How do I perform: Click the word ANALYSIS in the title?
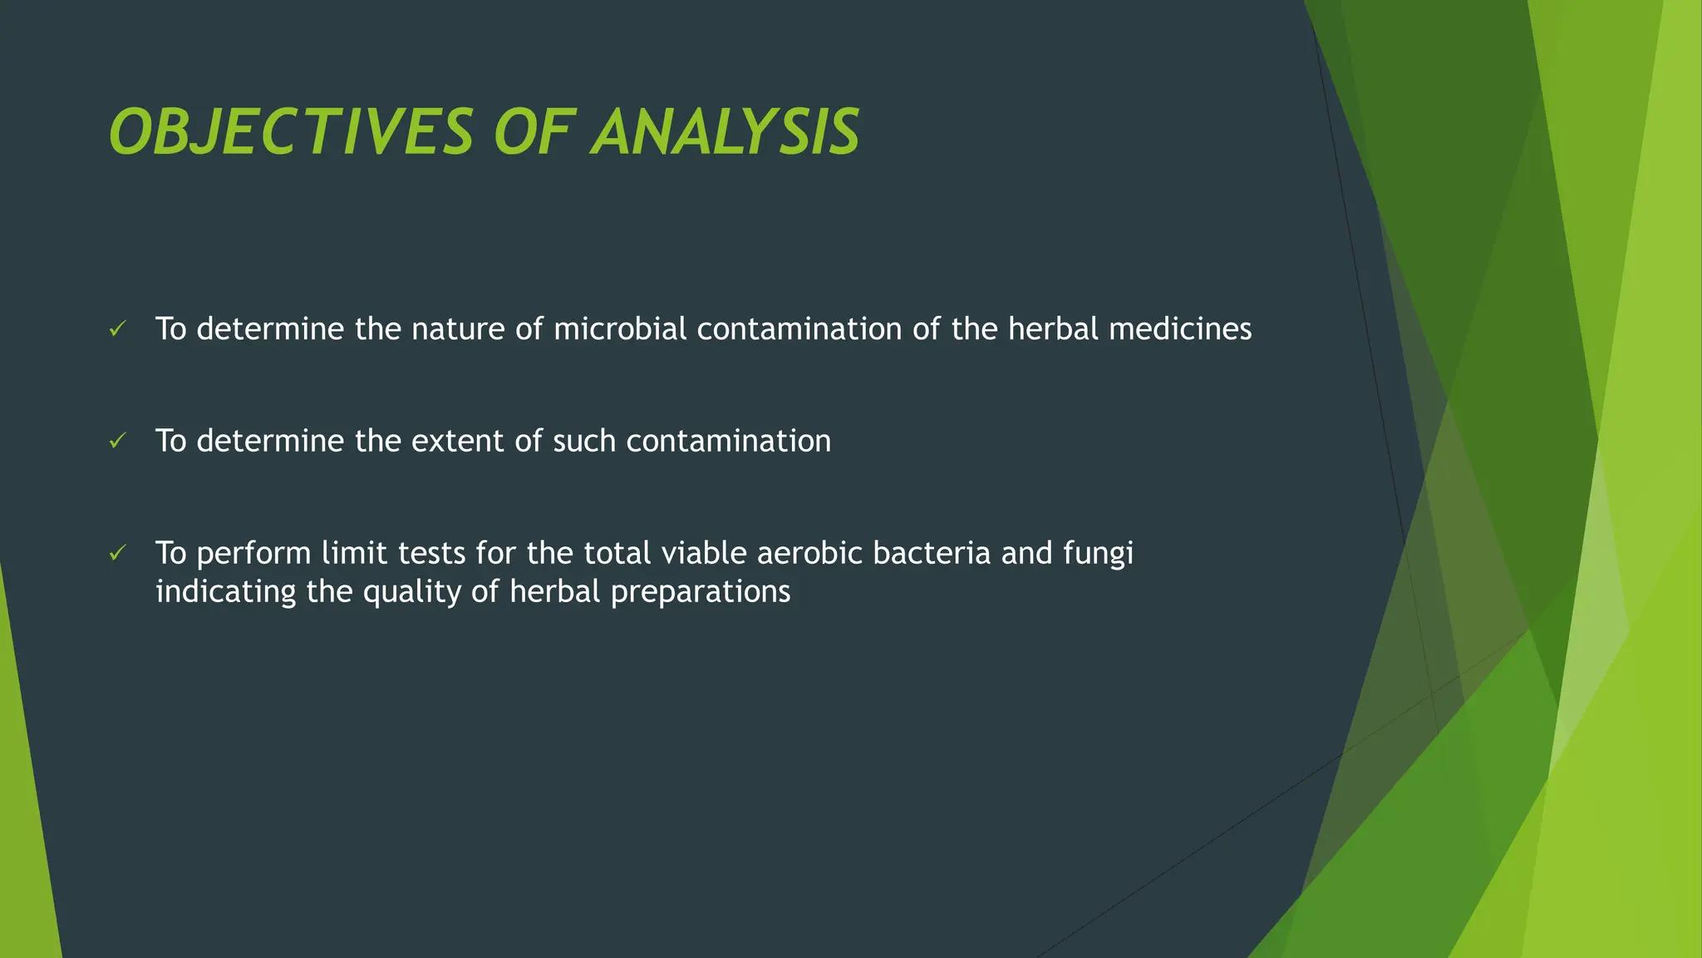click(x=726, y=133)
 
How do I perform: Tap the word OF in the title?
click(x=532, y=133)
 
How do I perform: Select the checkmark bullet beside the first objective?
click(x=117, y=329)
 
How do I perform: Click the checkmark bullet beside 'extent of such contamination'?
click(x=117, y=441)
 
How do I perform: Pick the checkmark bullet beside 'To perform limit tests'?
click(x=117, y=553)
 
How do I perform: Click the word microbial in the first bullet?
click(x=620, y=329)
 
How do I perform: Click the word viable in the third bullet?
click(x=703, y=553)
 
